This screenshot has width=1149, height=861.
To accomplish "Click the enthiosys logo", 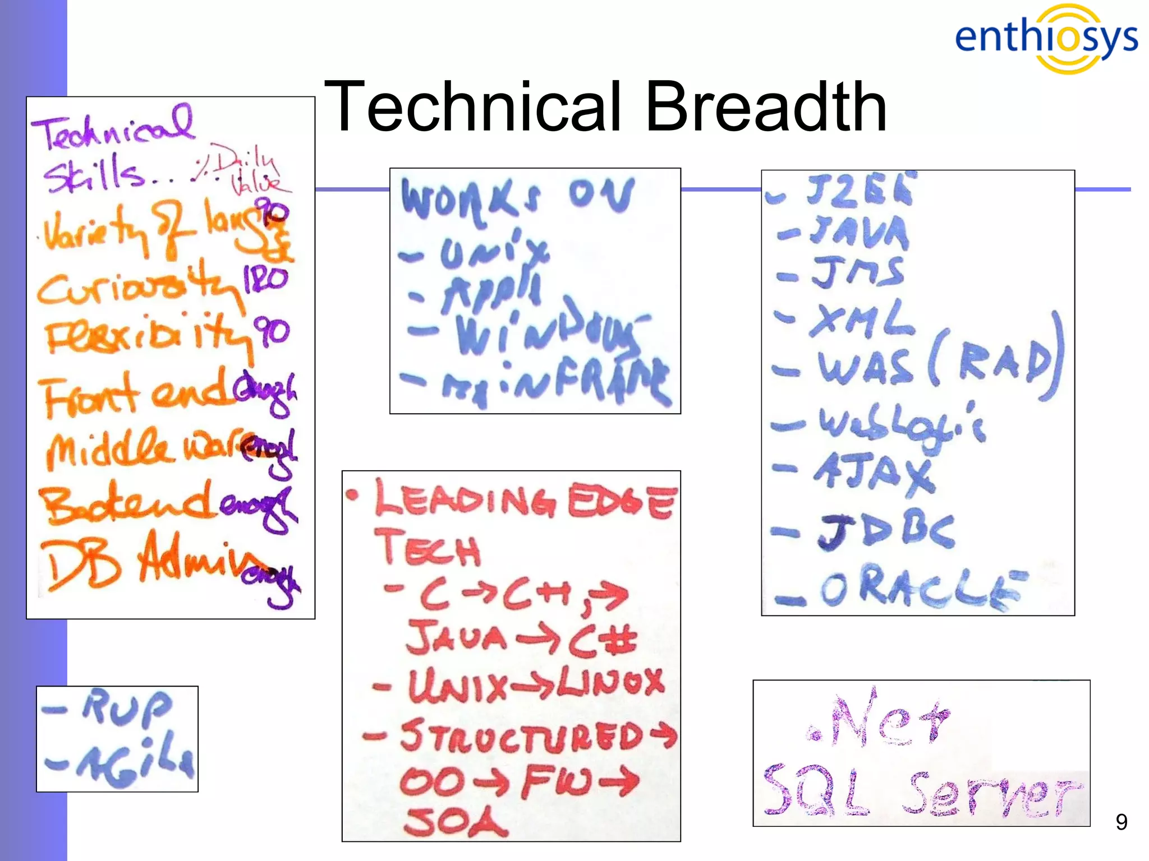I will point(1046,38).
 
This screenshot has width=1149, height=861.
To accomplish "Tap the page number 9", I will point(1121,822).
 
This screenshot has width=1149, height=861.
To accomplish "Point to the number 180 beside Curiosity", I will point(265,279).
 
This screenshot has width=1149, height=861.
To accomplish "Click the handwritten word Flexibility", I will point(147,336).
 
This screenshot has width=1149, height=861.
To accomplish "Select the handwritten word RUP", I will point(126,707).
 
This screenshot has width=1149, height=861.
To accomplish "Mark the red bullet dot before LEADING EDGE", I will point(352,495).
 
